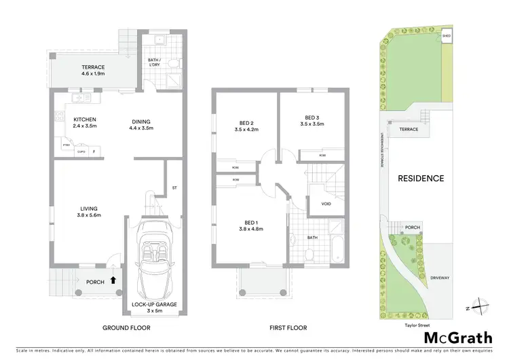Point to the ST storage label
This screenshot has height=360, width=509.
click(174, 187)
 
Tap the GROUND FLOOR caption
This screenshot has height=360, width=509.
click(126, 327)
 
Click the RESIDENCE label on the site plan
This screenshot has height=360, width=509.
click(420, 179)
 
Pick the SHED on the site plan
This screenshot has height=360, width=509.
click(447, 37)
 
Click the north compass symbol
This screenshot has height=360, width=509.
click(480, 307)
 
